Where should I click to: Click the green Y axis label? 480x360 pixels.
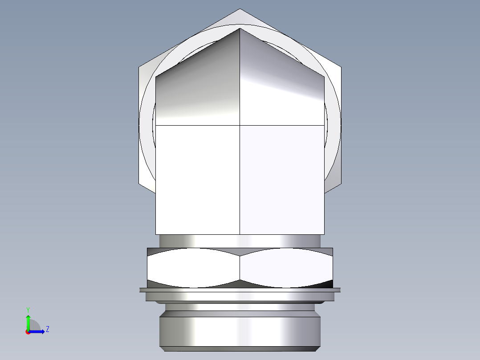click(x=28, y=309)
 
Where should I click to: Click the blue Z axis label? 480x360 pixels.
click(x=47, y=329)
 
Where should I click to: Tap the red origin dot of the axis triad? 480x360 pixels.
click(x=28, y=332)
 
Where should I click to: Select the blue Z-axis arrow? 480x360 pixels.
click(x=37, y=331)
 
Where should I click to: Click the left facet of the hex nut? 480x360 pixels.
click(x=193, y=267)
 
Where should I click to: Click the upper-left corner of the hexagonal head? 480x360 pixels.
click(x=139, y=67)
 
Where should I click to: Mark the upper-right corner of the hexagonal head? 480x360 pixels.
click(x=341, y=67)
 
